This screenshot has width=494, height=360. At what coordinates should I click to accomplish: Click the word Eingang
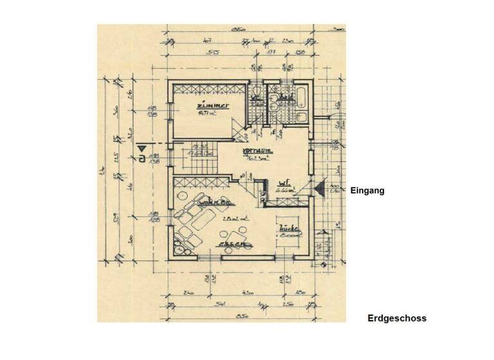[367, 190]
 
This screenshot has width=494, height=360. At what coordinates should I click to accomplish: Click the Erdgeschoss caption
[397, 318]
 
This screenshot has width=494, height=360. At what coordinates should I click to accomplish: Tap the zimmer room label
[212, 106]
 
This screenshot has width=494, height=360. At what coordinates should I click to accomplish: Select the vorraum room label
[258, 152]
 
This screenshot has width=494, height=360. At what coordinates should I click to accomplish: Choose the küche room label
[286, 229]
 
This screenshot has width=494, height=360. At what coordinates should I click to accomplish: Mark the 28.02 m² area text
[233, 219]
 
